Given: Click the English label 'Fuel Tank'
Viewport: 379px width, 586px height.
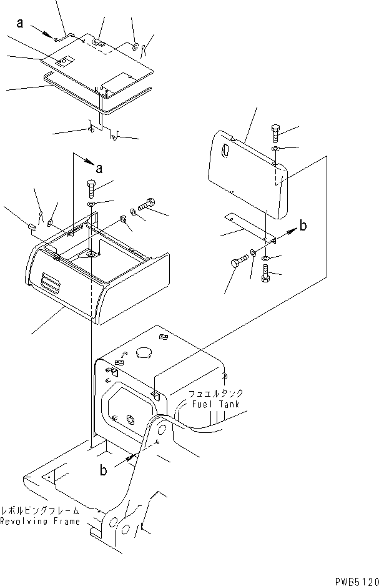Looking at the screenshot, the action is (215, 404).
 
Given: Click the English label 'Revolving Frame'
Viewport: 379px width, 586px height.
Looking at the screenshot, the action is (40, 521).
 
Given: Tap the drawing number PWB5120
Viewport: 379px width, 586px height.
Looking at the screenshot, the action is (357, 581).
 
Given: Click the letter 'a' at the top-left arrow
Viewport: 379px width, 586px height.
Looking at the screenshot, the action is (20, 23).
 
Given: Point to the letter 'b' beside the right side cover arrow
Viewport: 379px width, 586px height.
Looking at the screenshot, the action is (303, 225).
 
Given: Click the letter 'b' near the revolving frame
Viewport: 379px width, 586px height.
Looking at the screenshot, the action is (104, 470).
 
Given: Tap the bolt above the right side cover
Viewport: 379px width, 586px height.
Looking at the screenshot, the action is (275, 132).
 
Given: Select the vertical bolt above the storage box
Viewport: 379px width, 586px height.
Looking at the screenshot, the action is (91, 189).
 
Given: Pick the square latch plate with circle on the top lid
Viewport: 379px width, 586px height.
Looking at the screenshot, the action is (64, 61).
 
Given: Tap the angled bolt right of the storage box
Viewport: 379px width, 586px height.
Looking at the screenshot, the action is (146, 204).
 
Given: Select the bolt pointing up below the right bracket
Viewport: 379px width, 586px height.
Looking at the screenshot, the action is (265, 273).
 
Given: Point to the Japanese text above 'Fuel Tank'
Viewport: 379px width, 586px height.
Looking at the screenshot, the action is (215, 394).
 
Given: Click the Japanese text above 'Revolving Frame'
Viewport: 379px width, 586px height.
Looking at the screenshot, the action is (40, 510).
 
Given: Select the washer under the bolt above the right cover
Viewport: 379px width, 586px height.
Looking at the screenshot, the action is (275, 149).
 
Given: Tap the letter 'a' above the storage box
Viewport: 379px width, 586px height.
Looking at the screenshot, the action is (99, 169).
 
